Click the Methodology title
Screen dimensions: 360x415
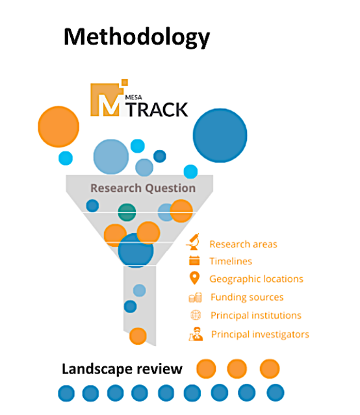[136, 37]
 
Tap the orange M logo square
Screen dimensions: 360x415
[107, 99]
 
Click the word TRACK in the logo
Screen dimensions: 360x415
[158, 110]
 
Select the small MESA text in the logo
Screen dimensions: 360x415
[133, 97]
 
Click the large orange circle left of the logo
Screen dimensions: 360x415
[58, 127]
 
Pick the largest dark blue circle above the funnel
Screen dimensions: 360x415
[220, 135]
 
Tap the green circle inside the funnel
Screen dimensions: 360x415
[127, 212]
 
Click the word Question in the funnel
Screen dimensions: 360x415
[171, 188]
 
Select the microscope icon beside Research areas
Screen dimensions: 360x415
[194, 242]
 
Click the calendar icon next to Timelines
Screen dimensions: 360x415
[194, 260]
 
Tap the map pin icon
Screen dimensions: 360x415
[194, 278]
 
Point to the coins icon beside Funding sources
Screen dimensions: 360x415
[195, 297]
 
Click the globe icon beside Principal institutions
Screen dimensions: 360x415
[196, 315]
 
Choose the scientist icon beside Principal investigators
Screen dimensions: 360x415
[196, 334]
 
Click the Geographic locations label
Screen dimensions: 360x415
[256, 279]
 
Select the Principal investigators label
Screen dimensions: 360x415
[260, 334]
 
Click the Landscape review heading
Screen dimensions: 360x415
[122, 369]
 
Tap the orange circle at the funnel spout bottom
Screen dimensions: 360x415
[138, 336]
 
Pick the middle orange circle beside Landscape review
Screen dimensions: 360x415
[237, 369]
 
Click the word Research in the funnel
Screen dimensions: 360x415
[116, 188]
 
